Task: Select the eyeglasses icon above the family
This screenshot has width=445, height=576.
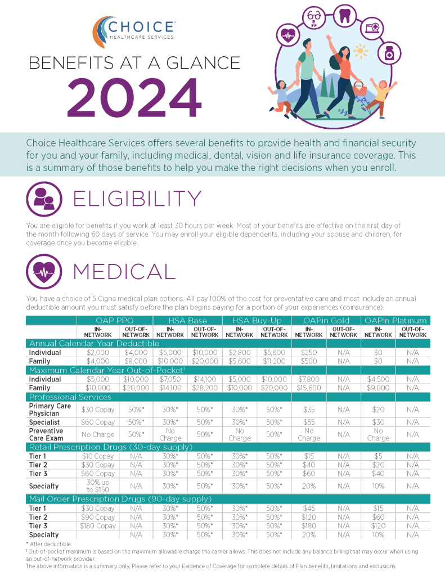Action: [313, 18]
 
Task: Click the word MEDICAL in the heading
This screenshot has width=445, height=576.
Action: [124, 272]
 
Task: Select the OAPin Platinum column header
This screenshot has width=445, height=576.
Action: [395, 321]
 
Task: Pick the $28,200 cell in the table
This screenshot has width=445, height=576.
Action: [205, 388]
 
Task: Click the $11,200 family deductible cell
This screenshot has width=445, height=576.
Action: [274, 361]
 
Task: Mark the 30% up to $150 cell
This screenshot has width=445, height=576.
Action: [98, 486]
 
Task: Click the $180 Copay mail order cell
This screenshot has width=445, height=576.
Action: [98, 526]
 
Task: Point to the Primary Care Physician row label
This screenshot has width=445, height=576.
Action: [50, 409]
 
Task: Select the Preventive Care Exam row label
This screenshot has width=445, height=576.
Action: [47, 434]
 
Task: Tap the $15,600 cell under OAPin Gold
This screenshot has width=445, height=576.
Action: [309, 388]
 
